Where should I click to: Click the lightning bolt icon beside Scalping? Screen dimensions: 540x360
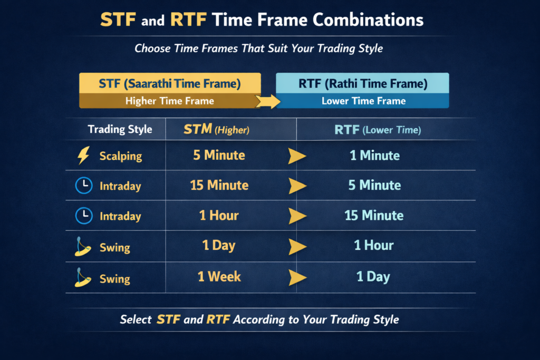coord(84,155)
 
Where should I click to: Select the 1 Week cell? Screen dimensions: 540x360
coord(219,277)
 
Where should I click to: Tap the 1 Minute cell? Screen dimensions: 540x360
coord(375,155)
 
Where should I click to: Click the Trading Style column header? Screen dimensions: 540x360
coord(120,130)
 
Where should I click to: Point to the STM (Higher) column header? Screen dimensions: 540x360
coord(216,130)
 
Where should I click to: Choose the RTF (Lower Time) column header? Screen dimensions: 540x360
coord(378,130)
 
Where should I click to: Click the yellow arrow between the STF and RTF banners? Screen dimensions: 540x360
coord(268,101)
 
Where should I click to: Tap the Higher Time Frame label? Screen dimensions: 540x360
coord(170,101)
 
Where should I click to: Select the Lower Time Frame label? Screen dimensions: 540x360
coord(364,101)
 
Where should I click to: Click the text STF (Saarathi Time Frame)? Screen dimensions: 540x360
coord(170,84)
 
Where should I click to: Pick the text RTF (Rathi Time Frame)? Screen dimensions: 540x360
coord(363,84)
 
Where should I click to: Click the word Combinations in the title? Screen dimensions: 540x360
coord(368,20)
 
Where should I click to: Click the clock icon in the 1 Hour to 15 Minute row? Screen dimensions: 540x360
coord(84,216)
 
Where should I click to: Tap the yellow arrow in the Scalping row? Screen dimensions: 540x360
coord(297,156)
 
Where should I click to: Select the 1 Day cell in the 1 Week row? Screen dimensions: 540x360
coord(373,277)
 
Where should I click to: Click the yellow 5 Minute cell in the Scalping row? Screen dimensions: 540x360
coord(219,155)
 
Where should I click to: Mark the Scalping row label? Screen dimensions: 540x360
coord(121,156)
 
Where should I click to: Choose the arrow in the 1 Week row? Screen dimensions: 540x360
coord(297,277)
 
